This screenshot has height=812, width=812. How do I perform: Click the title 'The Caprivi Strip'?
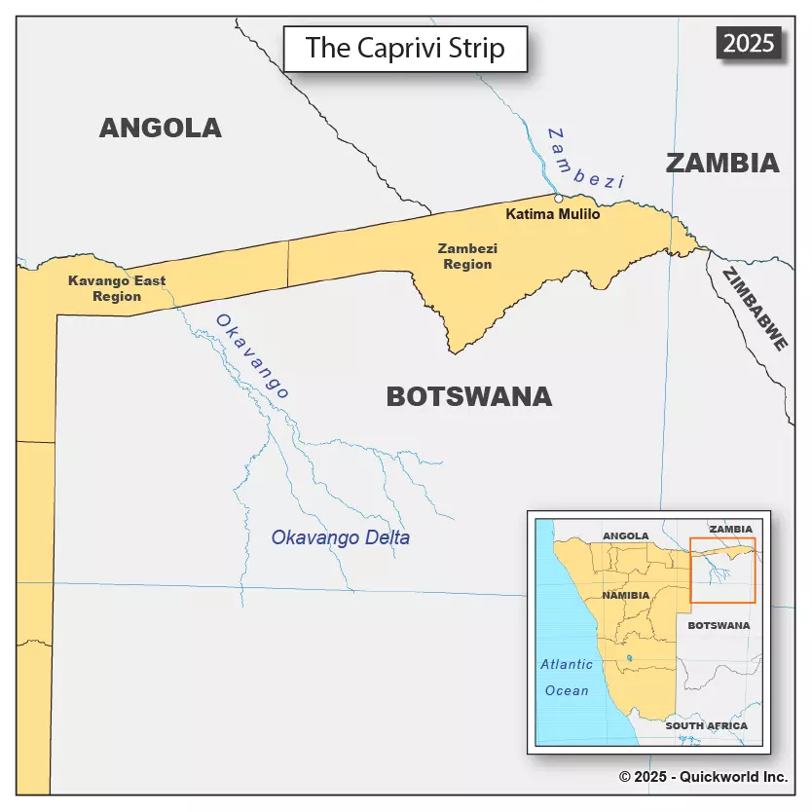(405, 48)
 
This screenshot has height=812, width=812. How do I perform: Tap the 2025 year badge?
(749, 43)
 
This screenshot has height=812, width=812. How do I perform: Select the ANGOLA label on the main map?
(161, 128)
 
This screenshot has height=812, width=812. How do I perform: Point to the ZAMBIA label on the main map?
(722, 164)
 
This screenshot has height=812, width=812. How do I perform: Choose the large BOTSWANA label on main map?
(469, 396)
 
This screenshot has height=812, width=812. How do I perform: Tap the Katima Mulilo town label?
(554, 214)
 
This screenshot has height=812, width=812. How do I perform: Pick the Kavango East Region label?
(117, 288)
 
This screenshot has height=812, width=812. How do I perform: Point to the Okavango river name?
(252, 356)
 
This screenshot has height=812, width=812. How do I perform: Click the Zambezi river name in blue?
(585, 158)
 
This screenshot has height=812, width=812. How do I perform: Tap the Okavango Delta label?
(341, 537)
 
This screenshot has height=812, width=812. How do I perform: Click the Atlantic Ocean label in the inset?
(567, 678)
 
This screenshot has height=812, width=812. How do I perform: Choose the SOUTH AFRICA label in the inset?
(707, 726)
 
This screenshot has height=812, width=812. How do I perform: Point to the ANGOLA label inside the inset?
(626, 536)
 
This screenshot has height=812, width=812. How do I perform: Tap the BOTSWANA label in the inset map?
(719, 625)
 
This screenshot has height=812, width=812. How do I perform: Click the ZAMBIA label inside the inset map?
(731, 529)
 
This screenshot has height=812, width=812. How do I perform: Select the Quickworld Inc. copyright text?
(703, 777)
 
